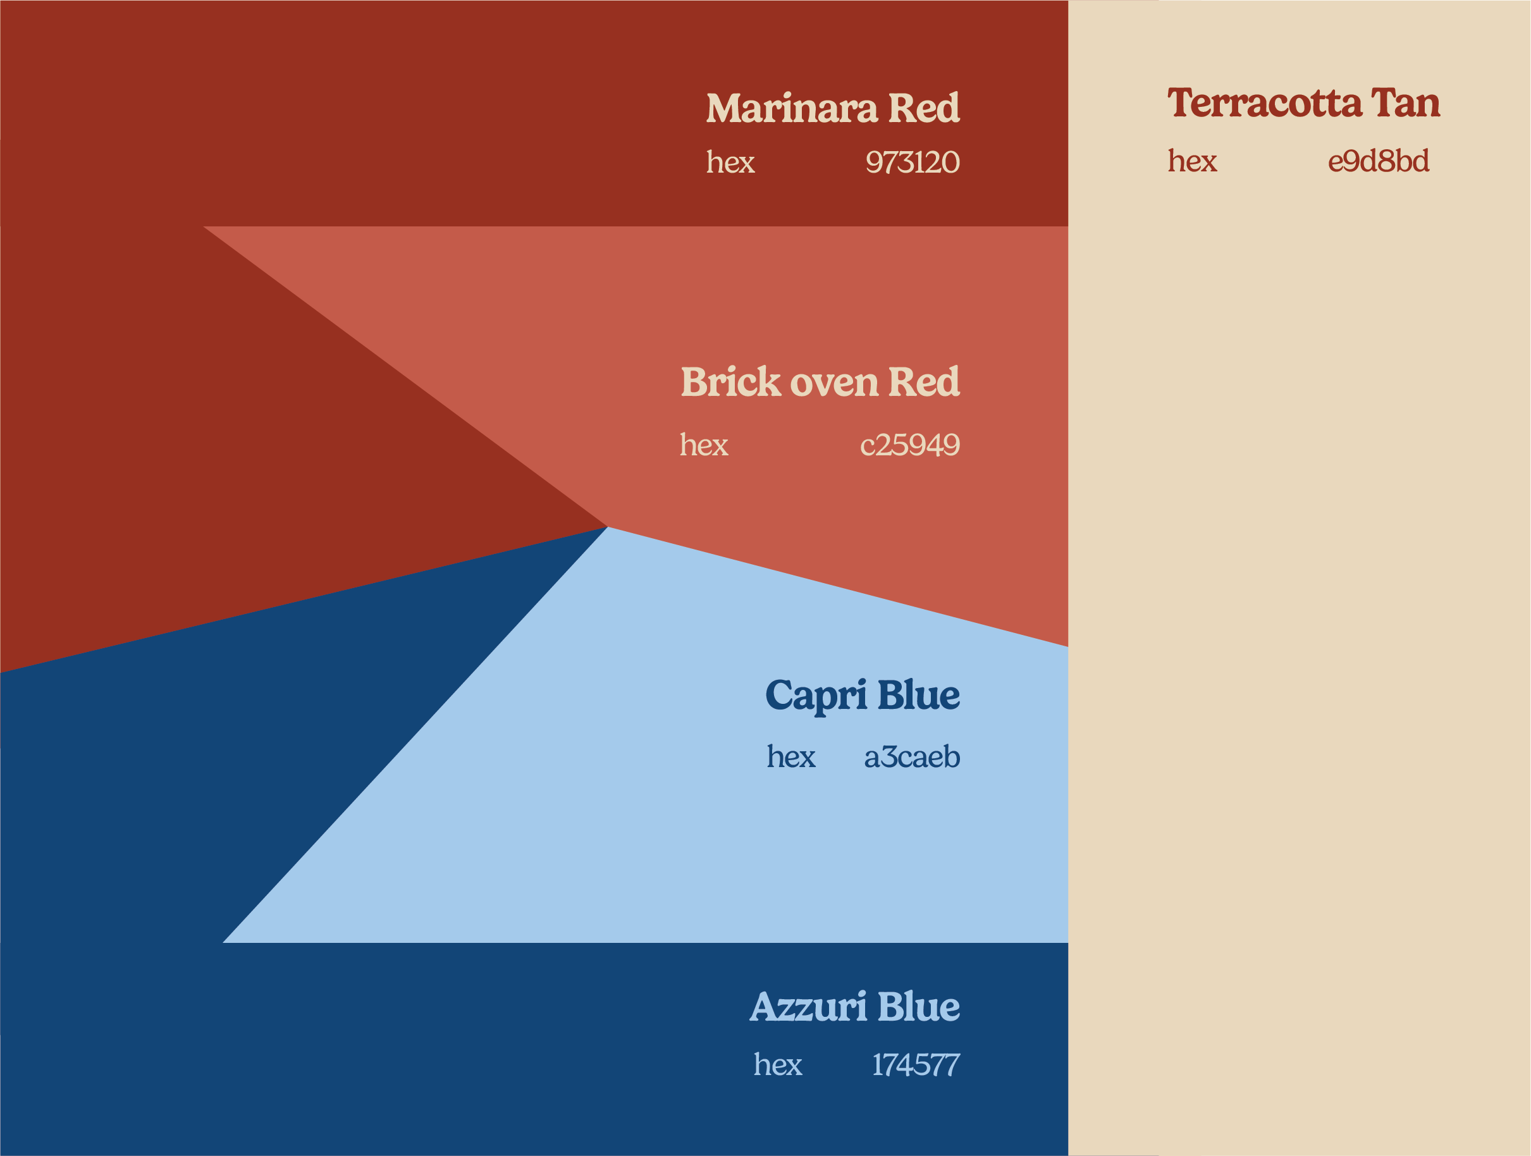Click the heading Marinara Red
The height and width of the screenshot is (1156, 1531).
tap(833, 108)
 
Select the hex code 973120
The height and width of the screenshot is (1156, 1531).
tap(913, 163)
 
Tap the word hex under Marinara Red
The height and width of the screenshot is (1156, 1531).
tap(730, 162)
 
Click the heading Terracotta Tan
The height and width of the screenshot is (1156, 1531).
tap(1304, 102)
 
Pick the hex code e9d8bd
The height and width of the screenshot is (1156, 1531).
tap(1378, 161)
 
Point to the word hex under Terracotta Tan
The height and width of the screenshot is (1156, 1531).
tap(1192, 161)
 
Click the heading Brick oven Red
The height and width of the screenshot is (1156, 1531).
tap(820, 382)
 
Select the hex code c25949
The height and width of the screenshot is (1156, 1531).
tap(909, 445)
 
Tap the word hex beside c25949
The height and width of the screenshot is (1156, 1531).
tap(704, 445)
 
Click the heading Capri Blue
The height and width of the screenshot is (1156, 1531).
tap(863, 696)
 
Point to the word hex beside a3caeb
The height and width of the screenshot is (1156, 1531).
tap(791, 756)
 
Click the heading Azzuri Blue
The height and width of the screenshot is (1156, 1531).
tap(855, 1007)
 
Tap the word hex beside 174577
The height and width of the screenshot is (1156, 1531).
tap(778, 1064)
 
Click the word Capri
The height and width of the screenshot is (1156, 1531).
tap(815, 696)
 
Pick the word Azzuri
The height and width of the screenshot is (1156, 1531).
tap(808, 1007)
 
